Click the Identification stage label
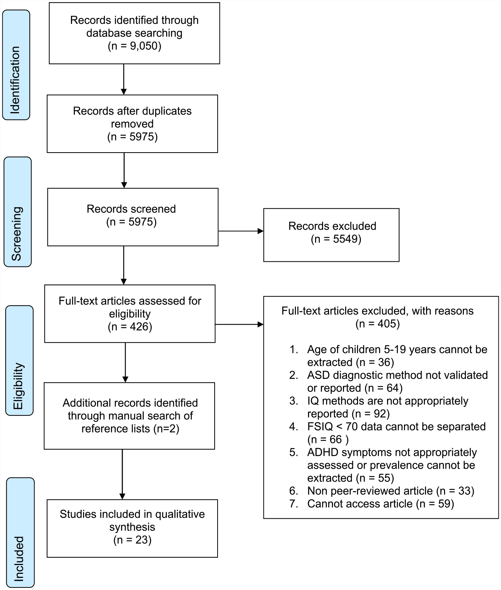click(x=16, y=65)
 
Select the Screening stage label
click(x=18, y=212)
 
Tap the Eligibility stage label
click(x=19, y=361)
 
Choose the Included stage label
click(x=21, y=532)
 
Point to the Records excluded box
click(x=331, y=235)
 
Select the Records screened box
click(x=133, y=217)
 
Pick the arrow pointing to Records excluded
click(x=241, y=231)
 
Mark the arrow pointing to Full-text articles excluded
click(x=239, y=325)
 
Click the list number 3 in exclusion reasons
click(x=293, y=401)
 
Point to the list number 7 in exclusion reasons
click(x=293, y=504)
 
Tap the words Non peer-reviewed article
click(x=370, y=491)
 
